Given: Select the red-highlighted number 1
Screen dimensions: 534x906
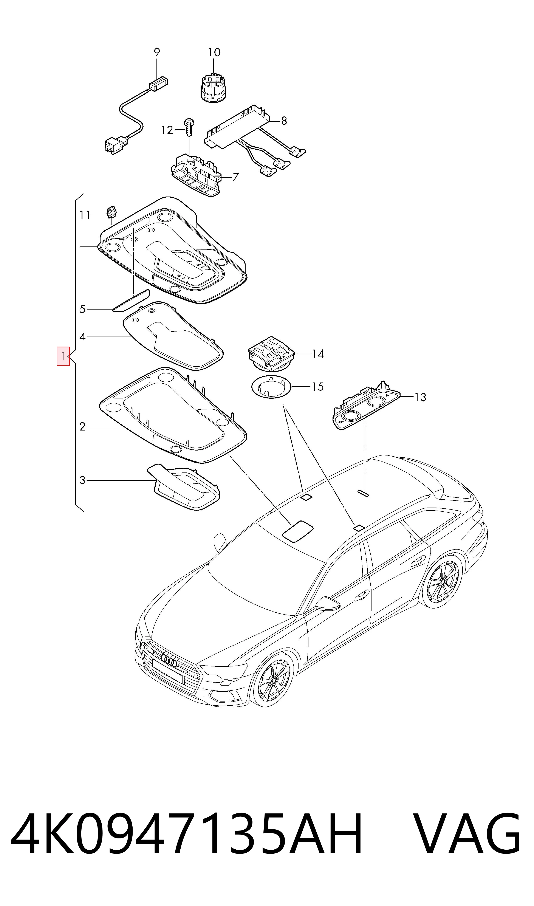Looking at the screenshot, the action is (63, 356).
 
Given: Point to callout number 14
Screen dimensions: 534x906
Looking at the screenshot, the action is (318, 354).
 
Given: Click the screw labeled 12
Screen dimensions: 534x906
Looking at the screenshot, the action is (189, 127).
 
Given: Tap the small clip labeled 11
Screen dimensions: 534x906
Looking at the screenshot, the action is (111, 212).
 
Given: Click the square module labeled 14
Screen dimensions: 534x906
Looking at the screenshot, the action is (272, 354).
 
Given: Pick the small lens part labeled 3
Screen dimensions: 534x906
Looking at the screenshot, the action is (184, 486).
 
